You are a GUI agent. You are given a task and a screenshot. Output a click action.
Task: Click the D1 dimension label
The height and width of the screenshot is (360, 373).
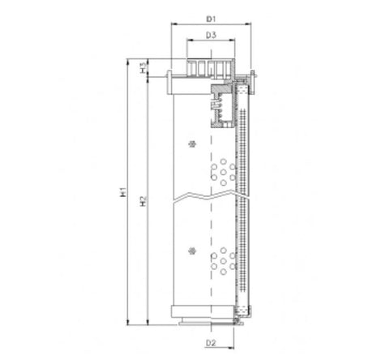point(211,17)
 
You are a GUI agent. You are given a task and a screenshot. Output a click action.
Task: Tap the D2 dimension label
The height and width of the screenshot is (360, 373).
point(210,342)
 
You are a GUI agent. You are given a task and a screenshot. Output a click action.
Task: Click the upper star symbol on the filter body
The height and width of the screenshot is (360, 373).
point(191,144)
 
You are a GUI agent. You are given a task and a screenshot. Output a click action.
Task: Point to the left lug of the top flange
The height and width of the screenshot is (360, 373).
point(168,83)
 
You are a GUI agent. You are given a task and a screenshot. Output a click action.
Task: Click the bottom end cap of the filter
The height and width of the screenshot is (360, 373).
point(210,311)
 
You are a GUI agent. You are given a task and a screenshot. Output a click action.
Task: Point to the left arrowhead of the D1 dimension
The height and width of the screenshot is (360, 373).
point(171,24)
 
